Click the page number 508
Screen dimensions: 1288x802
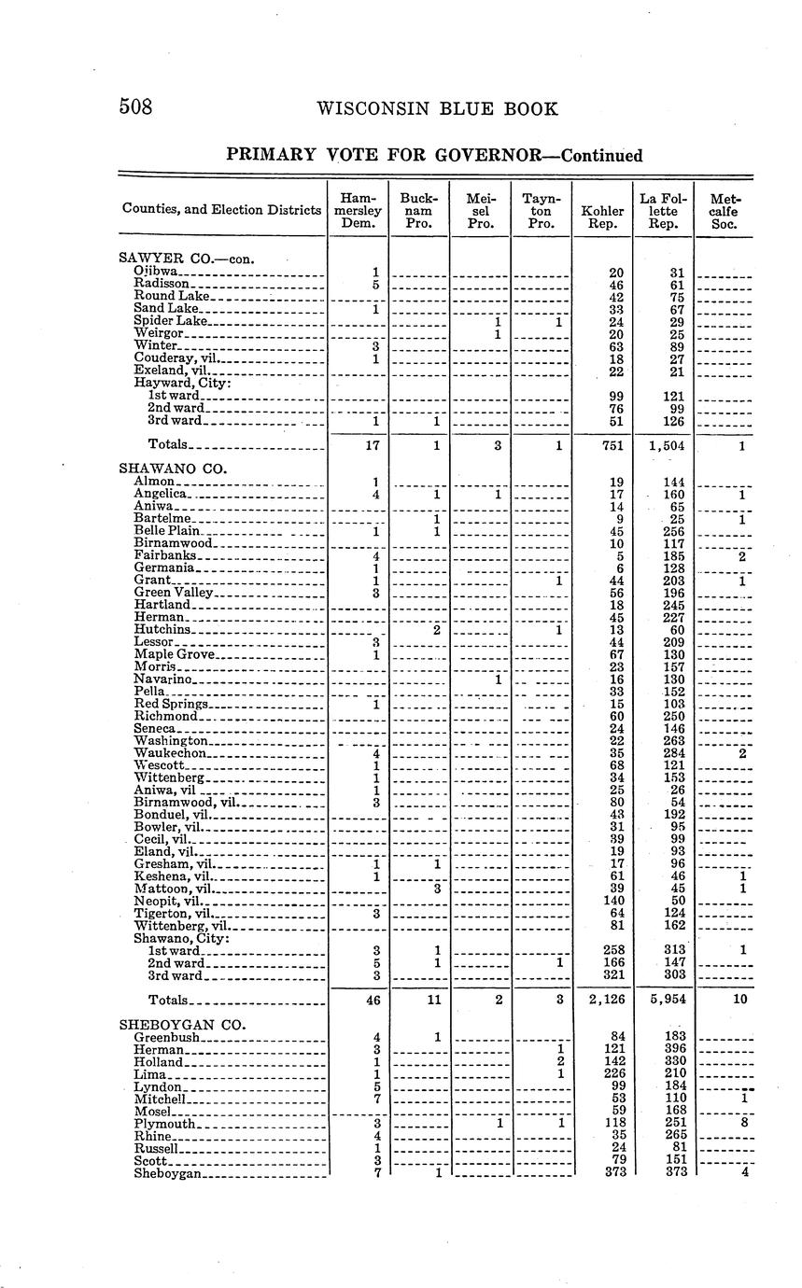tap(135, 107)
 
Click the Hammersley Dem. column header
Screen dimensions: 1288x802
tap(359, 211)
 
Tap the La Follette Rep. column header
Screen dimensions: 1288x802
tap(663, 211)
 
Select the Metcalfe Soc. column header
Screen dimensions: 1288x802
tap(725, 211)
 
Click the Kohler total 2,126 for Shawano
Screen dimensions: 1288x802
tap(602, 1000)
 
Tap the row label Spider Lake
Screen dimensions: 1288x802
tap(170, 320)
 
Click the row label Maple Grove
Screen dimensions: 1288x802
tap(175, 654)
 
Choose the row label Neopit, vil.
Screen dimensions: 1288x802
tap(168, 901)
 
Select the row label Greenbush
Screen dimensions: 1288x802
tap(167, 1037)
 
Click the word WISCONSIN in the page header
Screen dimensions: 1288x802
tap(377, 108)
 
